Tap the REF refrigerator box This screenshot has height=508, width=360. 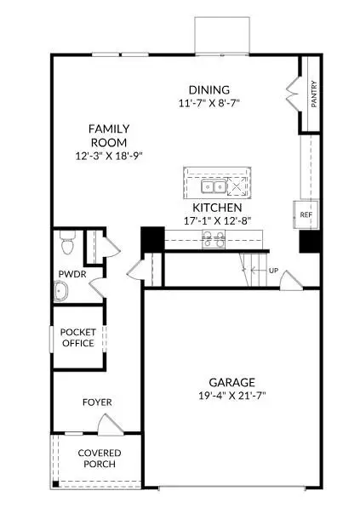coord(306,214)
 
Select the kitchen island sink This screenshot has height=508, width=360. coord(212,186)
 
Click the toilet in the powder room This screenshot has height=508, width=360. coord(70,247)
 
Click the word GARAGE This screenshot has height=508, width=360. coord(231,382)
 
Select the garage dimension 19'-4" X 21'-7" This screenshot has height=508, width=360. coord(231,396)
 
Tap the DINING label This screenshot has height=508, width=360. coord(209,89)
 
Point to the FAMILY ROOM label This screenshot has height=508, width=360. coord(110,135)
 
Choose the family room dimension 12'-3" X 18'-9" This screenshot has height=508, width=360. coord(110,157)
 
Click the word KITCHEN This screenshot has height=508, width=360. coord(217,208)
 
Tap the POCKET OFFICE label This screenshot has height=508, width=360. coord(78,337)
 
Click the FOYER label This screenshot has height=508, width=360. coord(96,402)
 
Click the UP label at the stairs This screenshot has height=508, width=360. coord(273,271)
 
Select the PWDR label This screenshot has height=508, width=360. coord(68,274)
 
